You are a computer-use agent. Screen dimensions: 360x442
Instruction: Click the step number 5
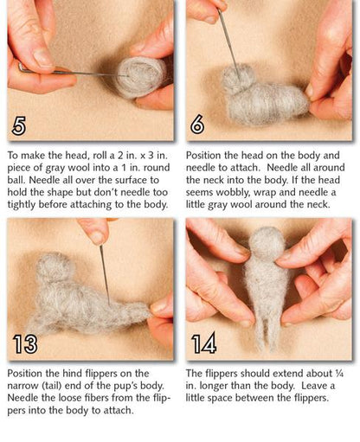pos(19,125)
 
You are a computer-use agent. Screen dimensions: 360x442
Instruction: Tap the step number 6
pos(197,125)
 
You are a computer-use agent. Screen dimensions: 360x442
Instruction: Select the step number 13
pos(25,343)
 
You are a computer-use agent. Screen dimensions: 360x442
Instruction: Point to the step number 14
pos(204,343)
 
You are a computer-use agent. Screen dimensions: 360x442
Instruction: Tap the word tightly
pos(22,205)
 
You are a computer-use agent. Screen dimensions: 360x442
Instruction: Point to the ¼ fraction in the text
pos(339,374)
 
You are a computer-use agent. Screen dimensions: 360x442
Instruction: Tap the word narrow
pos(22,386)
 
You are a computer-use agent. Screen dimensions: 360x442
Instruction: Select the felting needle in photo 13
pos(105,275)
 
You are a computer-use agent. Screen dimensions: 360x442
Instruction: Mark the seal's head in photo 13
pos(54,266)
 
